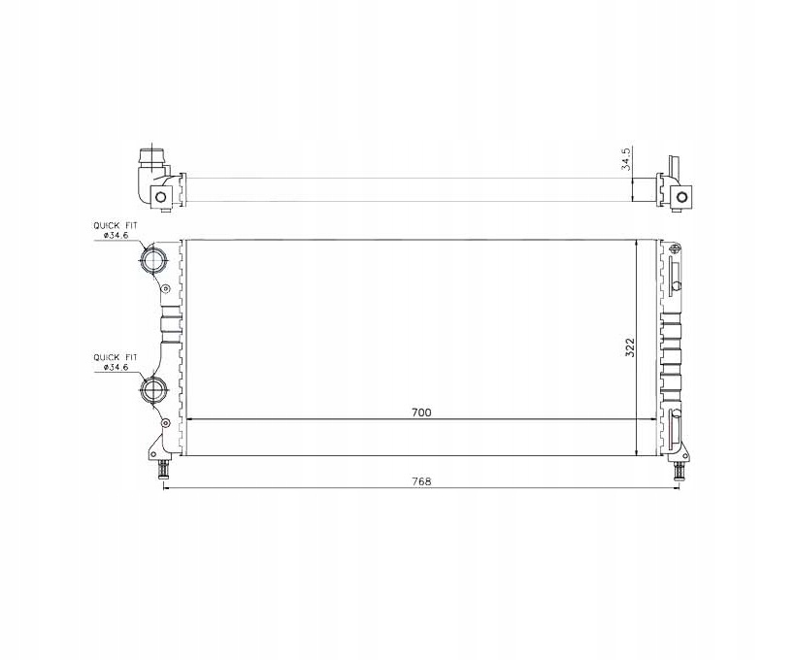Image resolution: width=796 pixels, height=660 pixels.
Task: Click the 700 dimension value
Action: click(421, 412)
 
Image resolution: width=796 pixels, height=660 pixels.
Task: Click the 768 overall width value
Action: click(421, 481)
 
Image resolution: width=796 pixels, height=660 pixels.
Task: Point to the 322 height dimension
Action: click(629, 347)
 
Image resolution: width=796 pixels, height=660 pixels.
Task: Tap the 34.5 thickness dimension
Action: click(626, 159)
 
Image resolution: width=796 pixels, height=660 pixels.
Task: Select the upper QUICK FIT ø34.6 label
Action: click(115, 230)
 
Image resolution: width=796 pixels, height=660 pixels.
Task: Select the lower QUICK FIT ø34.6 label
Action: click(115, 362)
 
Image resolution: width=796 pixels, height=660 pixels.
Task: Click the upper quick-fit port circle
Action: click(153, 260)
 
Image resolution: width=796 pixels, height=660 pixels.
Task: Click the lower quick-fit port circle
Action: click(153, 390)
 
